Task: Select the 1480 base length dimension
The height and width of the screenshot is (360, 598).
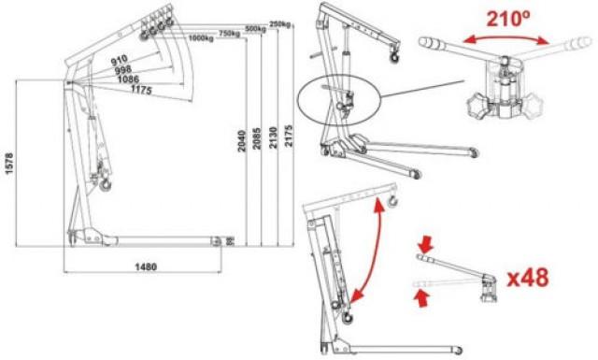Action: click(x=144, y=267)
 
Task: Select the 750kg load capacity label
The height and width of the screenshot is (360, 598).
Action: click(x=230, y=33)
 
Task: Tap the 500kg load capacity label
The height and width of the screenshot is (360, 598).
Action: click(x=255, y=28)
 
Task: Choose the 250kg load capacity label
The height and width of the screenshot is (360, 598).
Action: click(x=280, y=23)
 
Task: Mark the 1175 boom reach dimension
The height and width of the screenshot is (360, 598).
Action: click(x=143, y=91)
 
